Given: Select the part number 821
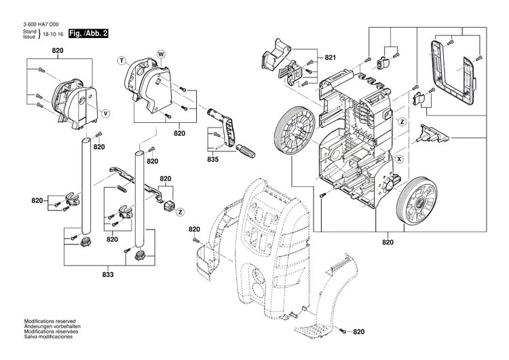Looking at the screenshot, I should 331,58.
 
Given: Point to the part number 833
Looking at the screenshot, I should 108,274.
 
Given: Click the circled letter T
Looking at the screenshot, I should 123,61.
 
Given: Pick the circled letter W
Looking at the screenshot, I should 161,53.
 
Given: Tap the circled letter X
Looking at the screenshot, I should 399,158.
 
